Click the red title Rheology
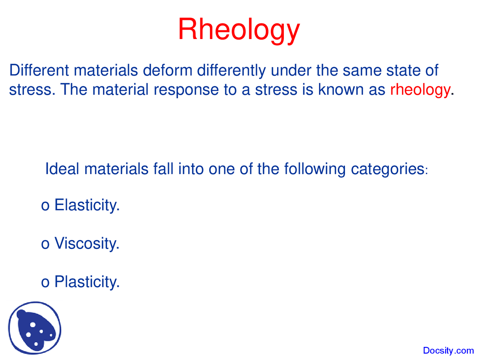click(238, 30)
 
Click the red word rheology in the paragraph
click(420, 90)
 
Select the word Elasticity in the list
click(87, 205)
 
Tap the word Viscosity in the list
click(87, 244)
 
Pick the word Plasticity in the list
click(87, 282)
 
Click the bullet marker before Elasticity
click(45, 206)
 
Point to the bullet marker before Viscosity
click(45, 244)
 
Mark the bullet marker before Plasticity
click(45, 283)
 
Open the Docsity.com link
click(448, 351)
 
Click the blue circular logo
click(35, 328)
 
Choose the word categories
click(387, 169)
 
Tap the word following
click(315, 169)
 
